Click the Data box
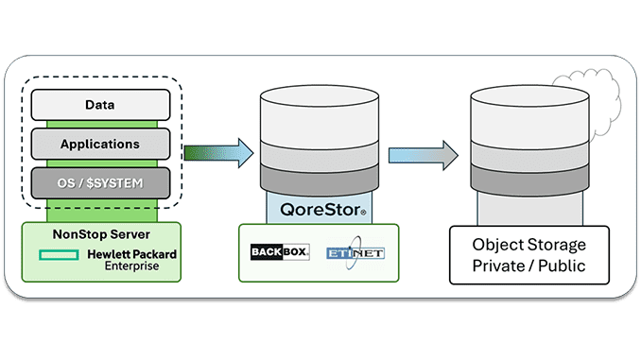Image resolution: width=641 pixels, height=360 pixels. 100,105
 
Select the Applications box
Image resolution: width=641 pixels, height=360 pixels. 100,145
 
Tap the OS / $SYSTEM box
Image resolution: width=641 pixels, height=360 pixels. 100,182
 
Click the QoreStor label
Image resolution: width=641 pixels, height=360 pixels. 320,207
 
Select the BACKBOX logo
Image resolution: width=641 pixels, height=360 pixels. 280,253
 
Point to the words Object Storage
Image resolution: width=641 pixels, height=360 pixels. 529,245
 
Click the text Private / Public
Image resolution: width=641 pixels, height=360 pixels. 529,266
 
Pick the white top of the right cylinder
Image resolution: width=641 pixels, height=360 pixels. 529,109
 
